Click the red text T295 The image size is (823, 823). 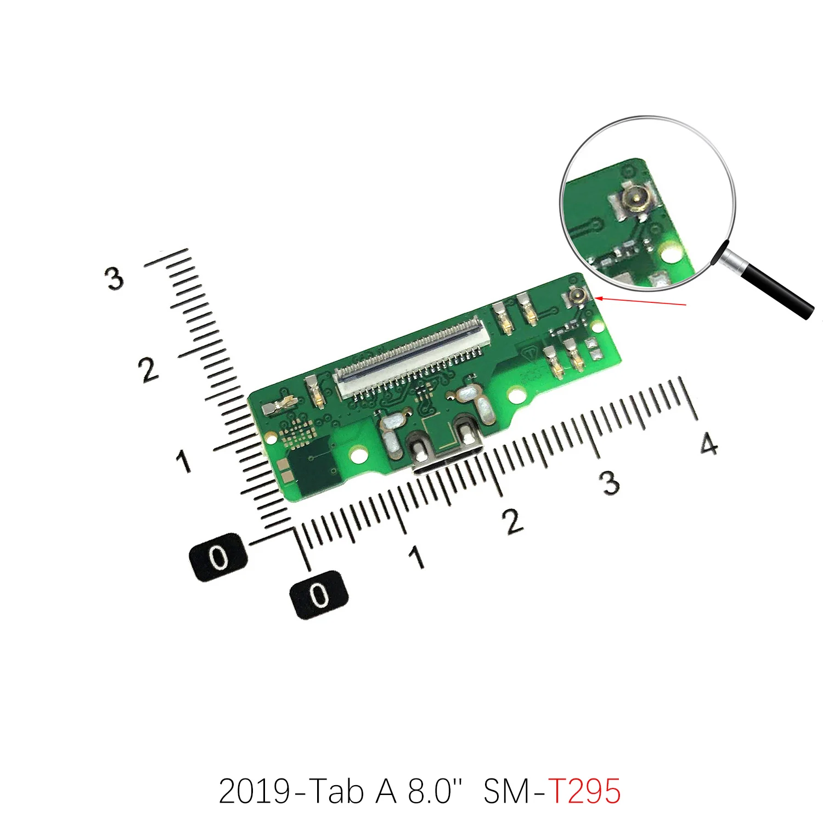(x=584, y=791)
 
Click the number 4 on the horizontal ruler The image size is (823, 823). (x=708, y=443)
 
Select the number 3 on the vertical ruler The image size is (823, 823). (x=114, y=278)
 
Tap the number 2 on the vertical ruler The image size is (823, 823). (x=148, y=370)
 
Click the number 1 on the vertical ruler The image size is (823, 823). (x=184, y=461)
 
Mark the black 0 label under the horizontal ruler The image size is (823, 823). (x=319, y=595)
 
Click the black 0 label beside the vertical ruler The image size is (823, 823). (x=218, y=557)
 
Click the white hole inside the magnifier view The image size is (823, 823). (x=670, y=253)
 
